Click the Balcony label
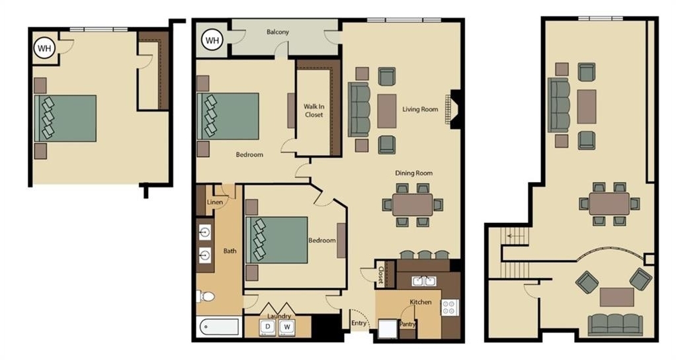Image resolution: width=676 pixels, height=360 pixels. pos(278,32)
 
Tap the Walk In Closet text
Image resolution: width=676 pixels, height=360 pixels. pos(314,111)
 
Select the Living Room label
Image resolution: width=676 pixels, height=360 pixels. pos(420,109)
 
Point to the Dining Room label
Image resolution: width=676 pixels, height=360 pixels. pos(414,173)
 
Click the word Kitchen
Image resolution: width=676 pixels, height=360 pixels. pos(420,302)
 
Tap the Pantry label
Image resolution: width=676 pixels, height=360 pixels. pos(407,324)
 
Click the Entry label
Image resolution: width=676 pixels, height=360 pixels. pos(359,322)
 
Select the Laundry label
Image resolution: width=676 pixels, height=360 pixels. pos(279,316)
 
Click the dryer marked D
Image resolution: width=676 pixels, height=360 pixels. pos(268,327)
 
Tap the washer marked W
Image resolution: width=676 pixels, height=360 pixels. pos(287,327)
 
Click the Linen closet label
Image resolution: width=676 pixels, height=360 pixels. pos(215,202)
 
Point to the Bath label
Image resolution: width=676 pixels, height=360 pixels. pos(230,251)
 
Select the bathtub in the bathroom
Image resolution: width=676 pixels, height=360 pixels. pos(219,328)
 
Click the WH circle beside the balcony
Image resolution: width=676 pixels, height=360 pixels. pos(212,40)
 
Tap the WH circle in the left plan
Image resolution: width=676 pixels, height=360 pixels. pos(44,48)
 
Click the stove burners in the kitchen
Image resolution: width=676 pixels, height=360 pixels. pos(449,306)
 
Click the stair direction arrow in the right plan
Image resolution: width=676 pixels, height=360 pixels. pos(514,236)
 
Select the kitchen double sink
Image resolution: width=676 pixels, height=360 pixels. pos(424,281)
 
